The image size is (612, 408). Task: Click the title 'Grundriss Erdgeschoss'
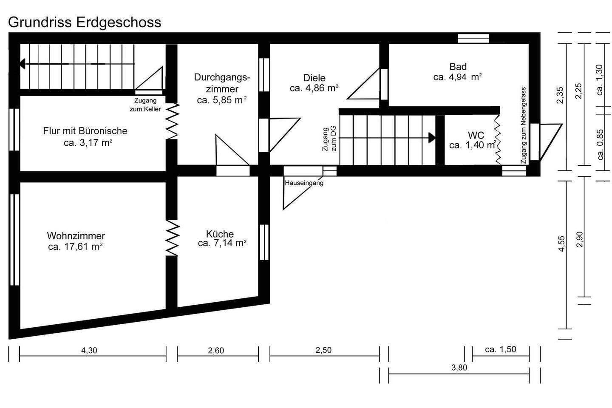[85, 23]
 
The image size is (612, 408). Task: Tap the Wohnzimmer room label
[76, 235]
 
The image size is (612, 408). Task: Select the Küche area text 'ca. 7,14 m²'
[222, 243]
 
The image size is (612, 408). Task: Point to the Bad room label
[458, 66]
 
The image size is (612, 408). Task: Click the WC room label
[476, 135]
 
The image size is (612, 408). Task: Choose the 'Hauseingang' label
[304, 183]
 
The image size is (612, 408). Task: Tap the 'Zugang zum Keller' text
[145, 105]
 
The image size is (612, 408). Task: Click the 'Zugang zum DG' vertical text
[329, 139]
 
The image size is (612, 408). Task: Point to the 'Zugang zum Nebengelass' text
[523, 125]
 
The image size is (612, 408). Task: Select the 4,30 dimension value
[89, 350]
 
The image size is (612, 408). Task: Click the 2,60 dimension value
[216, 350]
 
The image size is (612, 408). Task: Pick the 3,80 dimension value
[459, 368]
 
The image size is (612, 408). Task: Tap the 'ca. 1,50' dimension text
[501, 349]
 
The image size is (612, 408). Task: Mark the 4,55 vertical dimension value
[561, 244]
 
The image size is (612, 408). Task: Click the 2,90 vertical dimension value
[579, 239]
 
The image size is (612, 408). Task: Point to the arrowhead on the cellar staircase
[23, 64]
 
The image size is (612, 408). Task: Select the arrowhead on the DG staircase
[432, 138]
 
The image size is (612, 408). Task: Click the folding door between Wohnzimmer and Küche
[173, 238]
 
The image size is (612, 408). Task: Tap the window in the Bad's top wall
[473, 38]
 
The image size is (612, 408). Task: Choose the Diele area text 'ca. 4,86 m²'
[314, 88]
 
